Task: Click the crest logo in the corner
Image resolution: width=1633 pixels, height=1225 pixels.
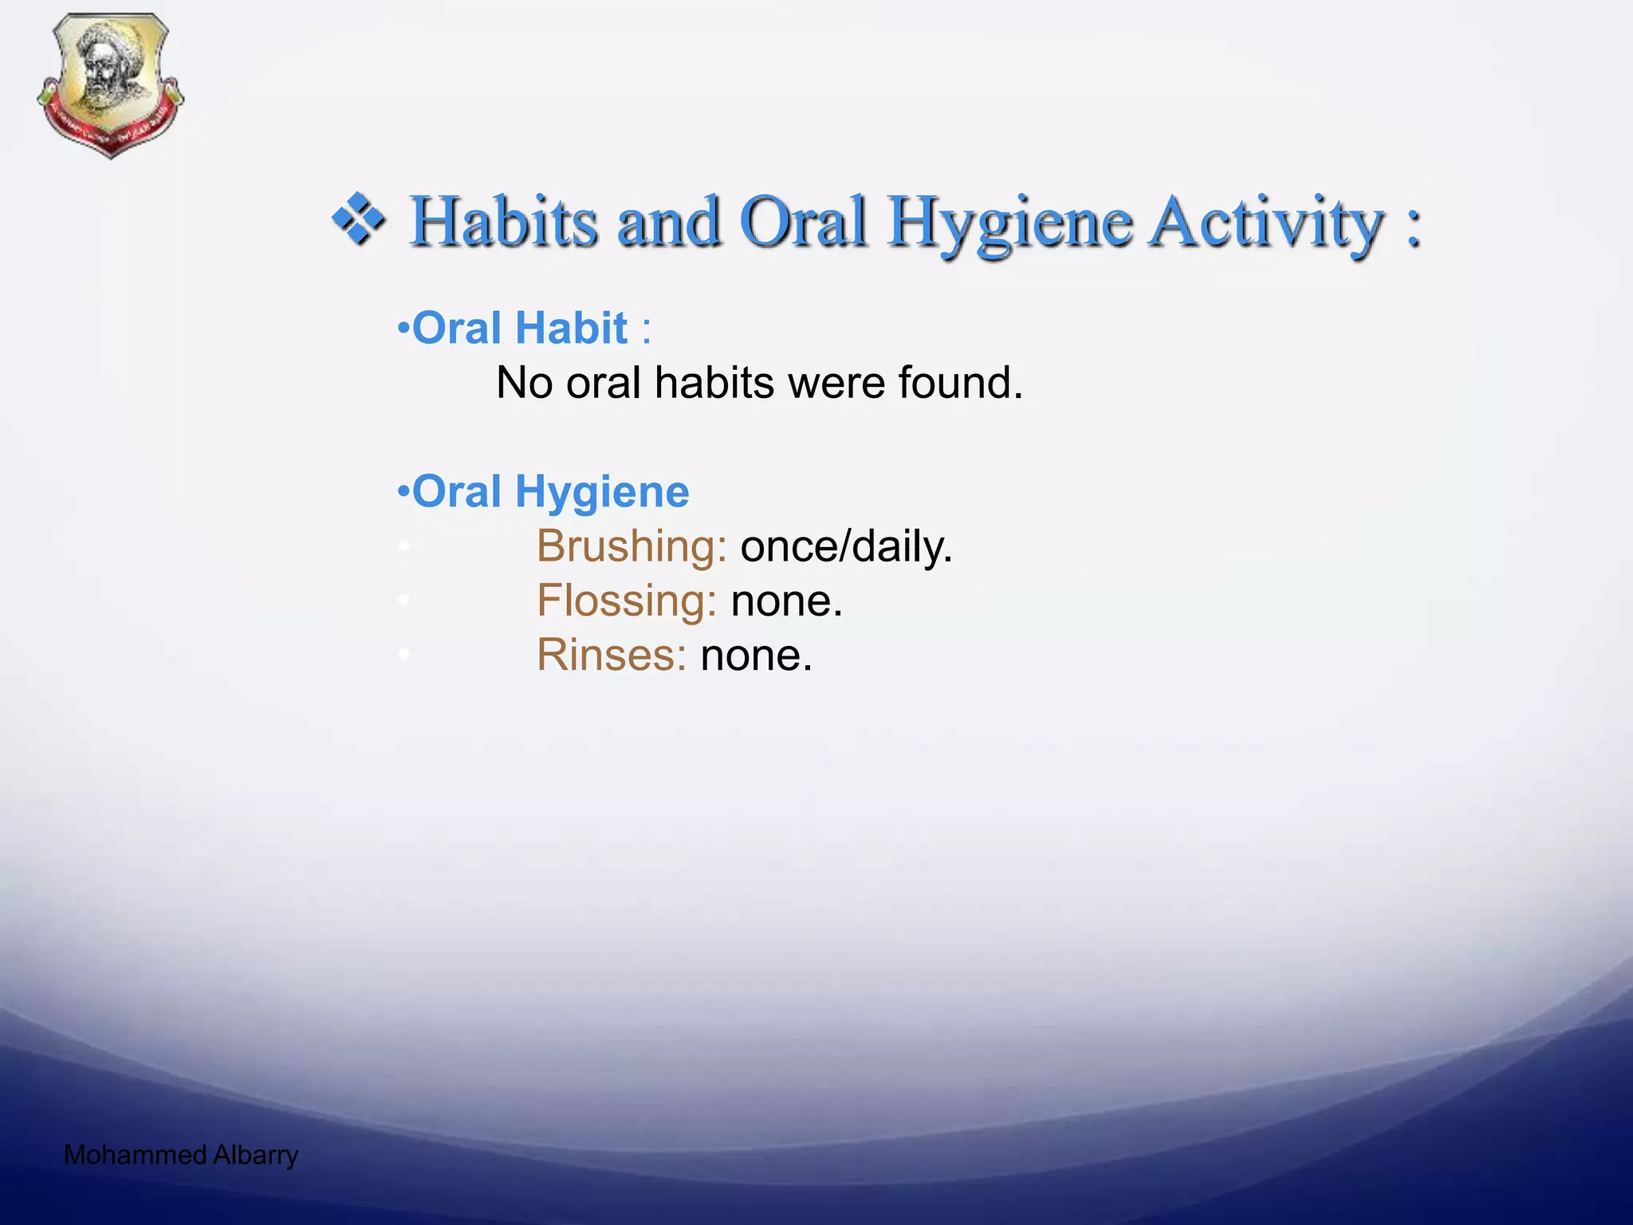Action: (110, 85)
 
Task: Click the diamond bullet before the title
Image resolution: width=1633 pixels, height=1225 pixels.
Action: (360, 219)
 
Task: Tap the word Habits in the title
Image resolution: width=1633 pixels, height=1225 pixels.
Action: (503, 222)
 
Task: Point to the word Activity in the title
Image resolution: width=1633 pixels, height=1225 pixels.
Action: (1267, 223)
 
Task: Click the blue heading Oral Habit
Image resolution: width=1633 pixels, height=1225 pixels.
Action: (519, 329)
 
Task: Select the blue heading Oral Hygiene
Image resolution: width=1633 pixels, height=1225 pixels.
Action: (549, 491)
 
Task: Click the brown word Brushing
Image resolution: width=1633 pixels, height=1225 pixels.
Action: (631, 547)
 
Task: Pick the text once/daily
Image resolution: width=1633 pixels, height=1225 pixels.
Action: (846, 547)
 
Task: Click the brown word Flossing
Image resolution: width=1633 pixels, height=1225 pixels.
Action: (626, 601)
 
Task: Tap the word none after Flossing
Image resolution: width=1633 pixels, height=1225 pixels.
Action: (786, 601)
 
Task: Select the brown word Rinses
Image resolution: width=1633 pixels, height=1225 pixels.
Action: (611, 656)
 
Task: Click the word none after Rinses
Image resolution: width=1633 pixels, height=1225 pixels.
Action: (756, 656)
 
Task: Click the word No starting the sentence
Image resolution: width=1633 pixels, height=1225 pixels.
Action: (524, 383)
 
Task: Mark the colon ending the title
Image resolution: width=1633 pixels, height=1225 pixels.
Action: (1413, 226)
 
